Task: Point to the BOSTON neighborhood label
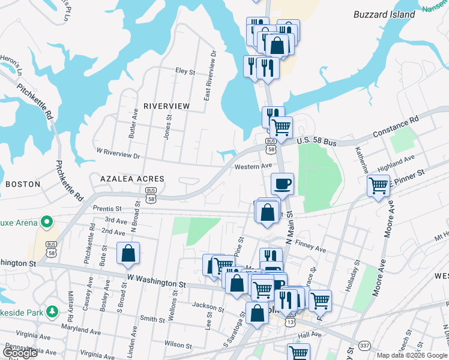click(x=22, y=184)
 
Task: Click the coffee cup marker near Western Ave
click(x=282, y=184)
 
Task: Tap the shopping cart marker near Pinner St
click(x=378, y=186)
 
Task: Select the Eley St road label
click(x=185, y=71)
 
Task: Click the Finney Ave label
click(x=310, y=246)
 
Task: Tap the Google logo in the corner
click(x=19, y=352)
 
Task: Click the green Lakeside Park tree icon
click(x=53, y=311)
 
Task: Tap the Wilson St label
click(x=178, y=344)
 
